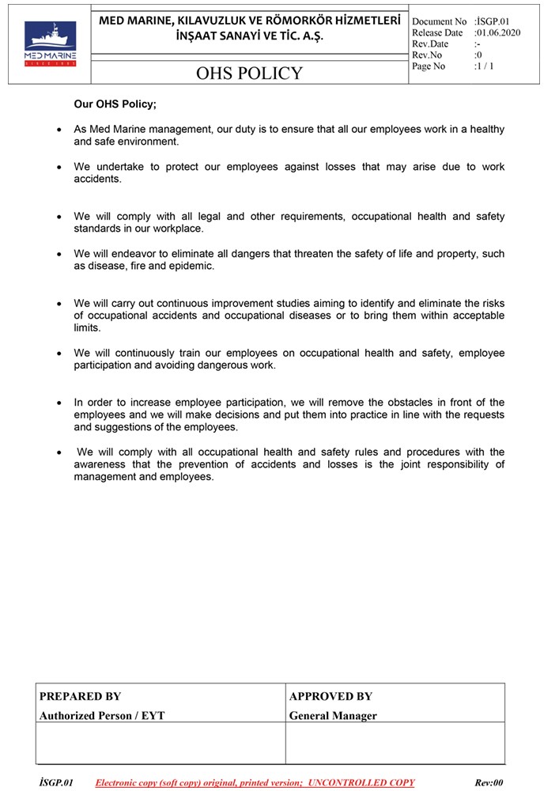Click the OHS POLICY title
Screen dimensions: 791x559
[250, 74]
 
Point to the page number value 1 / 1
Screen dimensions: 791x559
[484, 66]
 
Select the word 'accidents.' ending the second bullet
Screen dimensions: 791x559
[98, 179]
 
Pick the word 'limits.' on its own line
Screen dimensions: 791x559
[88, 327]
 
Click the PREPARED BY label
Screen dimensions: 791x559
[80, 696]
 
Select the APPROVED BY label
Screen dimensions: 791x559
[330, 696]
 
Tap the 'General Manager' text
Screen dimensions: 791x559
[333, 716]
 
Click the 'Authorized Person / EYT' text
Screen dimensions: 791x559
[102, 716]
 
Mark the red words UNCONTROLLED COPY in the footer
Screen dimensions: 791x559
[361, 782]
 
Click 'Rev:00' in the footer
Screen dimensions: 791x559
[489, 782]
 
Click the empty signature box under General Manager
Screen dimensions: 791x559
[395, 743]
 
